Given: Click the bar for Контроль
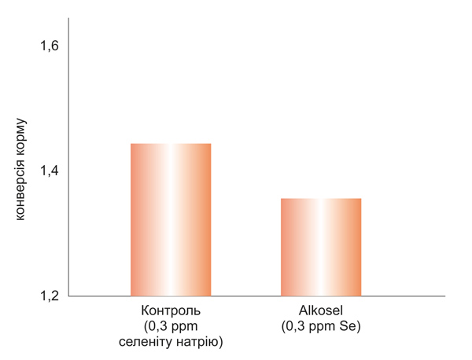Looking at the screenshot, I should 171,220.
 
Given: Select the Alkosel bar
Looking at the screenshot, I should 321,248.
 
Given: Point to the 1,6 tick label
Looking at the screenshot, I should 50,46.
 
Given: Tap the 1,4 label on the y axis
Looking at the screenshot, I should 50,171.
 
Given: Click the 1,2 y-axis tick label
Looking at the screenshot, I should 50,296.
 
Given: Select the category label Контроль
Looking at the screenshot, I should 171,310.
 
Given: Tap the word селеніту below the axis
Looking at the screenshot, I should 148,340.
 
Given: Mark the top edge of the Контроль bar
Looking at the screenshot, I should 171,144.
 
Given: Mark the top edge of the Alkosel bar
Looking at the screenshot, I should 321,199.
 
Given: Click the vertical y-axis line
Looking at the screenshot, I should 68,157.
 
